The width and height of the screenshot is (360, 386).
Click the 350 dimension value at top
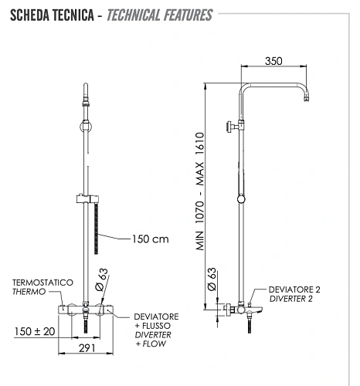click(x=273, y=59)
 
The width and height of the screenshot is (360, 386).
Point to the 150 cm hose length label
click(x=149, y=239)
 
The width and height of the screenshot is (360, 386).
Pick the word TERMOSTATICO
click(x=42, y=283)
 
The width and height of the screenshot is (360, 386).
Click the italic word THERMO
click(x=29, y=292)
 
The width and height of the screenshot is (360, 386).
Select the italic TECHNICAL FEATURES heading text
click(x=159, y=15)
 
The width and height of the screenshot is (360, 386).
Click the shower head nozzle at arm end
click(x=309, y=100)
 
